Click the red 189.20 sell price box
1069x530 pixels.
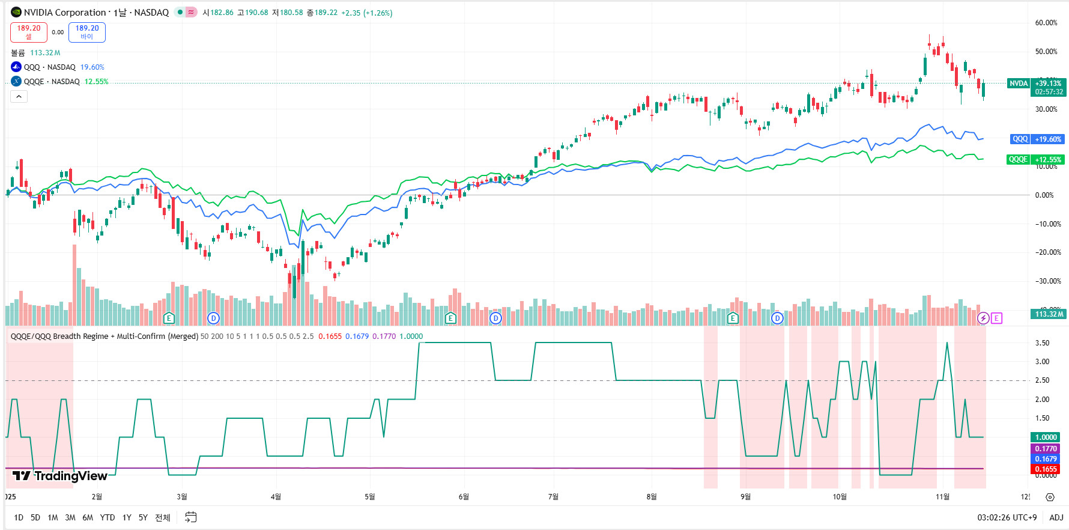point(29,32)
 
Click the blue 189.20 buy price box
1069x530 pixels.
point(87,32)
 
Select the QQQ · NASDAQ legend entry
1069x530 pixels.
point(50,67)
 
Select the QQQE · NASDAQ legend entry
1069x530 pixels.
point(52,82)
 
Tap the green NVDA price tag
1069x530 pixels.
point(1018,84)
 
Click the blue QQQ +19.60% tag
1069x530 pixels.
point(1037,139)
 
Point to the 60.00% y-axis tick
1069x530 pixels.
point(1046,23)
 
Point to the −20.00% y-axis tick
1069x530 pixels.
point(1047,252)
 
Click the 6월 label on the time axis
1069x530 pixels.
point(464,497)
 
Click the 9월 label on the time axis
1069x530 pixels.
point(745,497)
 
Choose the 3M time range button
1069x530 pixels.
point(70,517)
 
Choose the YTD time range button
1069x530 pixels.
point(108,517)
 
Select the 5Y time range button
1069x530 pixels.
point(143,517)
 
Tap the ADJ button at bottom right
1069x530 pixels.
point(1056,517)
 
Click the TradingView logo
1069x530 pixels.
point(60,476)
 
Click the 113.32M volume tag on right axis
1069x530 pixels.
point(1049,314)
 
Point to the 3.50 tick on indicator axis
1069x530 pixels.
point(1042,343)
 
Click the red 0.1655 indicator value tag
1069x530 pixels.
point(1046,469)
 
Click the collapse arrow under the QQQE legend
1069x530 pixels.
point(19,97)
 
